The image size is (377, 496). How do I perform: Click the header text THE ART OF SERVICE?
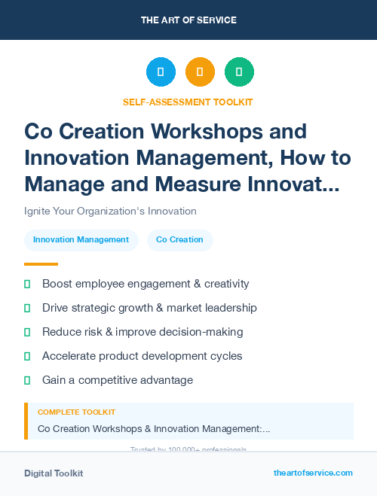[x=188, y=20]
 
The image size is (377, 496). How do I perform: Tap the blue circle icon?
[x=161, y=72]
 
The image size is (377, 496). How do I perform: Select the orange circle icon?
[x=200, y=72]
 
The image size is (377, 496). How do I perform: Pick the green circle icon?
[x=239, y=72]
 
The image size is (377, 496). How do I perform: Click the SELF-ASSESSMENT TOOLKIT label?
[x=188, y=102]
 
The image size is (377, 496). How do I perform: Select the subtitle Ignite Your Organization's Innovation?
[x=110, y=211]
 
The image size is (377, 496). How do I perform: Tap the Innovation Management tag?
[x=81, y=239]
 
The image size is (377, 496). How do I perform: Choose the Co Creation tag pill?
[x=179, y=239]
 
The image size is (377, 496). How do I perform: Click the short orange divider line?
[x=41, y=264]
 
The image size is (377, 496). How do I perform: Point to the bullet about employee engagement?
[x=146, y=284]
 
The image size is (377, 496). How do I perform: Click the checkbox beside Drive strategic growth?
[x=28, y=308]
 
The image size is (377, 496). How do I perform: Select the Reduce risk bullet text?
[x=143, y=332]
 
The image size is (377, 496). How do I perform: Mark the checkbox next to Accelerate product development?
[x=28, y=356]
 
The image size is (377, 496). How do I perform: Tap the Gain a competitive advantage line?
[x=118, y=380]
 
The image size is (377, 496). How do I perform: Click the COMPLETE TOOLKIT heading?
[x=76, y=412]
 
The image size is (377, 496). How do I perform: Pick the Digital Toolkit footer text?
[x=54, y=473]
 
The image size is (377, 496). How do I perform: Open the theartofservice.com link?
[x=313, y=473]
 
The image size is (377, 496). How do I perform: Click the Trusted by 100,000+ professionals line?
[x=188, y=449]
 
